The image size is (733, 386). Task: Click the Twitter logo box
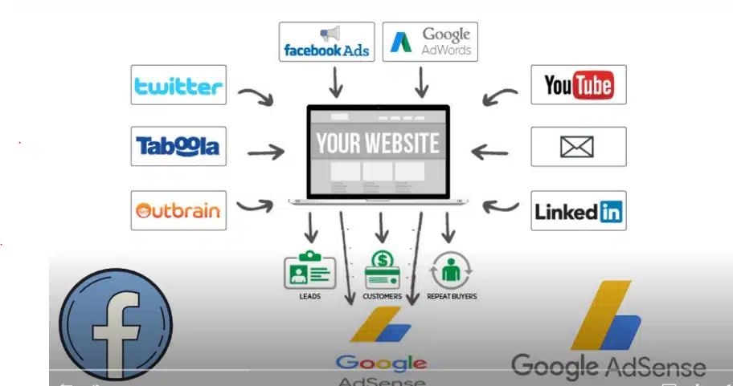point(178,85)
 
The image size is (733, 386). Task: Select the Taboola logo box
point(178,146)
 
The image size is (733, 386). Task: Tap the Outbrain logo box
point(178,210)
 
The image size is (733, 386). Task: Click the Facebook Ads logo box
point(326,43)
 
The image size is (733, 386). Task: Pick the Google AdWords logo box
point(429,43)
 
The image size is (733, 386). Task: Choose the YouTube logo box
point(578,85)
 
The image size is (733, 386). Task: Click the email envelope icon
point(578,147)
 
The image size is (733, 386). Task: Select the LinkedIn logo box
point(578,211)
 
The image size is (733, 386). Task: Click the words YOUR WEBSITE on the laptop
point(378,144)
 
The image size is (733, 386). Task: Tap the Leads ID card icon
point(309,271)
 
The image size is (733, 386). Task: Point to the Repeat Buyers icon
point(451,271)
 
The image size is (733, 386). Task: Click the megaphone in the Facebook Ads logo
point(330,34)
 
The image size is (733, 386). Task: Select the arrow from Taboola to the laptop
point(265,150)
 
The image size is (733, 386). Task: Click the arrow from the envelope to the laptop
point(489,150)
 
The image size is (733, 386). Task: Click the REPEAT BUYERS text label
point(451,296)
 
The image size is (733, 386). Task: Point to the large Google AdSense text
point(608,367)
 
